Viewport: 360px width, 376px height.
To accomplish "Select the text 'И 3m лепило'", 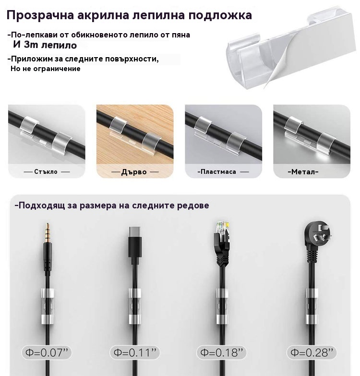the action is point(45,45).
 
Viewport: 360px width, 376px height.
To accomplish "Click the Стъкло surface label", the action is point(46,172).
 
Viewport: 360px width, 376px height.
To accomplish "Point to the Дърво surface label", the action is point(134,172).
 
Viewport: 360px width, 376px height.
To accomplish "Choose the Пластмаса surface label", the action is point(218,172).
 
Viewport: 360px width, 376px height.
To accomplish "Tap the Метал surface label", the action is point(303,172).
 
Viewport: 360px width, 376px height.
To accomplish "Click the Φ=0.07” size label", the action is point(47,352).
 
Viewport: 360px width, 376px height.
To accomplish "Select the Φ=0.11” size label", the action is point(135,352).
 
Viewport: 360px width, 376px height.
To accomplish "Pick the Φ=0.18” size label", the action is point(221,352).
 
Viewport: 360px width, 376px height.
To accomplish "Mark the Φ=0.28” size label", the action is point(312,352).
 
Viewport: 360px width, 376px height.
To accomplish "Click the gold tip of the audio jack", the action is point(48,232).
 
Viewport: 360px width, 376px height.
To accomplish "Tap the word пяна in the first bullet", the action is point(181,35).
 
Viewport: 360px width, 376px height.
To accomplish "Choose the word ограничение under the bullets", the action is point(57,69).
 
